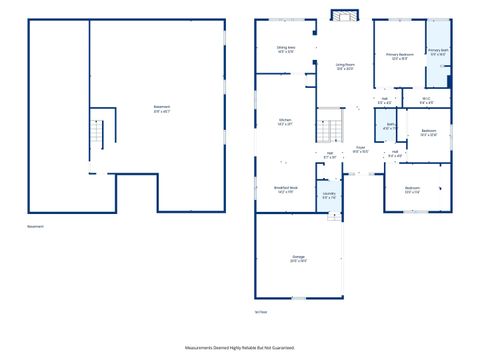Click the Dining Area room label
285,49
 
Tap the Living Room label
345,66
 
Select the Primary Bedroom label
399,58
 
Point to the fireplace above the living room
344,16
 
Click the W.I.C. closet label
426,100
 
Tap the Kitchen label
285,122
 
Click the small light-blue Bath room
390,127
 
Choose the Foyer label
360,149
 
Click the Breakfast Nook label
286,189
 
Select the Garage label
298,258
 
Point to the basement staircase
97,133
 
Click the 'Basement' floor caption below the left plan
36,227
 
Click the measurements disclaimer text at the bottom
240,347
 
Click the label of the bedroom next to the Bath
429,132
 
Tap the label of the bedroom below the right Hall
412,189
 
